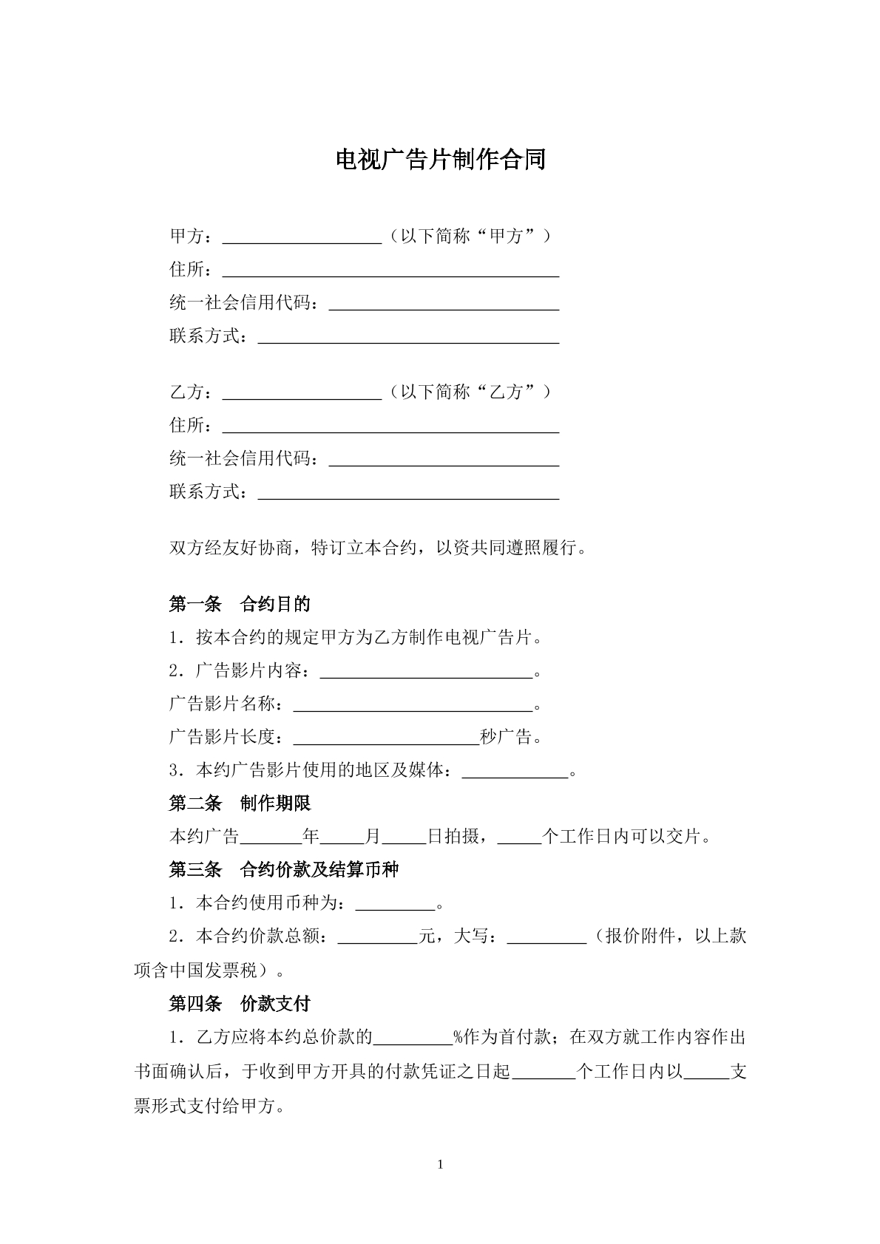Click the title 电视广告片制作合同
[x=440, y=160]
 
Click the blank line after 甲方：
[x=302, y=237]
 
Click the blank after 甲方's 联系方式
[x=407, y=337]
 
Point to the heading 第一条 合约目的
[x=240, y=605]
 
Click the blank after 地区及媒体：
[x=515, y=771]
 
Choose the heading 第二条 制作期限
[x=240, y=803]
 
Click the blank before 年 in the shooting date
[x=271, y=837]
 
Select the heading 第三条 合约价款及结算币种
[x=284, y=870]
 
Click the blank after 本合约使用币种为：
[x=396, y=904]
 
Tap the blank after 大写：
[x=546, y=937]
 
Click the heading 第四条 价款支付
[x=240, y=1004]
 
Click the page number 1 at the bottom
[x=441, y=1166]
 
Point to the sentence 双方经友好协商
[x=379, y=549]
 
